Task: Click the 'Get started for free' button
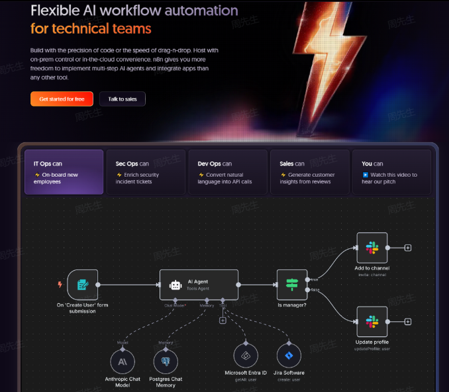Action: tap(62, 99)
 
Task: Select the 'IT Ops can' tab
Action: tap(64, 171)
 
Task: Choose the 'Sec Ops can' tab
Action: tap(146, 171)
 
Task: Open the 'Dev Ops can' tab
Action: tap(228, 171)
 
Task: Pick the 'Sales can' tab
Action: tap(310, 171)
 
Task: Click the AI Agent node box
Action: tap(199, 285)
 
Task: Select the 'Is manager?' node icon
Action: tap(292, 285)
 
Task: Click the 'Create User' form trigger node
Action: tap(83, 285)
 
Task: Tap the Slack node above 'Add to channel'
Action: tap(372, 248)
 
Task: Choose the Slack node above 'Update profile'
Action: tap(372, 322)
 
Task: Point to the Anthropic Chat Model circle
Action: tap(123, 362)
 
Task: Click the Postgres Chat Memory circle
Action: tap(166, 362)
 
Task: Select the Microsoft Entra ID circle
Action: tap(245, 356)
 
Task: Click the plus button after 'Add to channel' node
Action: tap(408, 248)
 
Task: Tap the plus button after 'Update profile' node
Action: tap(408, 322)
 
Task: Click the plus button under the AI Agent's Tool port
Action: tap(223, 320)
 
